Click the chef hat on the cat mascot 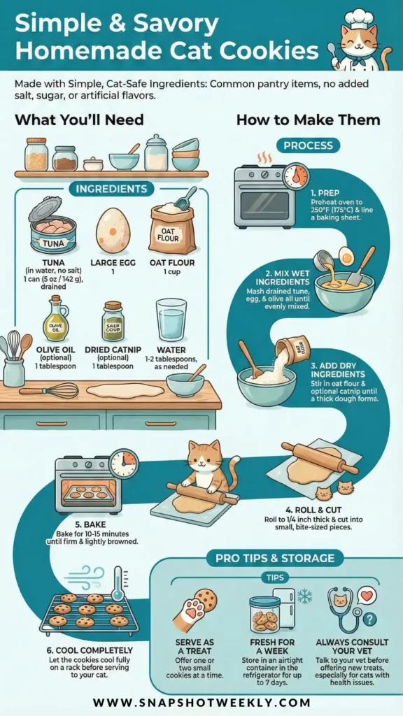tap(358, 17)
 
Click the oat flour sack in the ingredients tap(173, 228)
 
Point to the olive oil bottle tap(55, 319)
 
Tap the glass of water tap(171, 320)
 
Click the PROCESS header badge tap(308, 145)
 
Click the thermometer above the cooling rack tap(118, 583)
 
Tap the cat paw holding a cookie tap(195, 610)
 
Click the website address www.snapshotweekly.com tap(201, 702)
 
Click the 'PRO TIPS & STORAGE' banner tap(274, 558)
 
